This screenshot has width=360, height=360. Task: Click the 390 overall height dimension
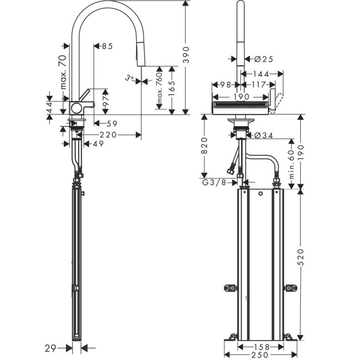(x=187, y=55)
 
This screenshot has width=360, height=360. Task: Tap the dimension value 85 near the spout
(x=106, y=47)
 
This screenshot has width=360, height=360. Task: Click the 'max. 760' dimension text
(x=160, y=89)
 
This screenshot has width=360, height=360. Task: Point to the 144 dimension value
(x=261, y=74)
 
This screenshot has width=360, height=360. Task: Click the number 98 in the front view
(x=224, y=85)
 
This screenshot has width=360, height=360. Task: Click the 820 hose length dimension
(x=204, y=146)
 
